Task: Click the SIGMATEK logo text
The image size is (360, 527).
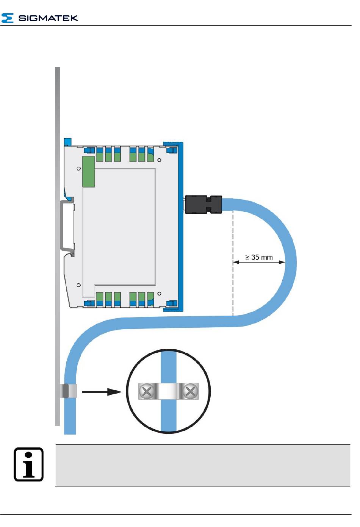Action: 48,18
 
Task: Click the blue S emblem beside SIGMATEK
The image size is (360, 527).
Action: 8,18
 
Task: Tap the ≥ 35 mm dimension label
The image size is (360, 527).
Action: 259,258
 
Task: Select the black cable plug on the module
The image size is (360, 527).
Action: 203,204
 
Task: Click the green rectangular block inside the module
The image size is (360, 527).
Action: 88,172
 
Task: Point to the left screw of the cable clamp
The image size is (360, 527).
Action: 147,391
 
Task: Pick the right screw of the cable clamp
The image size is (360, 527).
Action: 190,391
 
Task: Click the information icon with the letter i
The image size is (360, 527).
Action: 29,464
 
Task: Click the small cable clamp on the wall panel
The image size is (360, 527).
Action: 69,391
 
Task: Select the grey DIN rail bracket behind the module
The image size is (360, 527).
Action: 66,226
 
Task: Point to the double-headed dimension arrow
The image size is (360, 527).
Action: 259,262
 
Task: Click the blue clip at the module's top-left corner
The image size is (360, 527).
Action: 67,142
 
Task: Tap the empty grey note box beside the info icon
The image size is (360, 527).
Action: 202,465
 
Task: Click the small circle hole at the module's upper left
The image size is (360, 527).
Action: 78,168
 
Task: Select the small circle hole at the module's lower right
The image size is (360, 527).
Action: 160,293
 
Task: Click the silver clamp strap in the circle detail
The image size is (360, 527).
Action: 169,391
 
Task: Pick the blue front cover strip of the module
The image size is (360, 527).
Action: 181,227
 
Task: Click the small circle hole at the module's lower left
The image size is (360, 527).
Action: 78,285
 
